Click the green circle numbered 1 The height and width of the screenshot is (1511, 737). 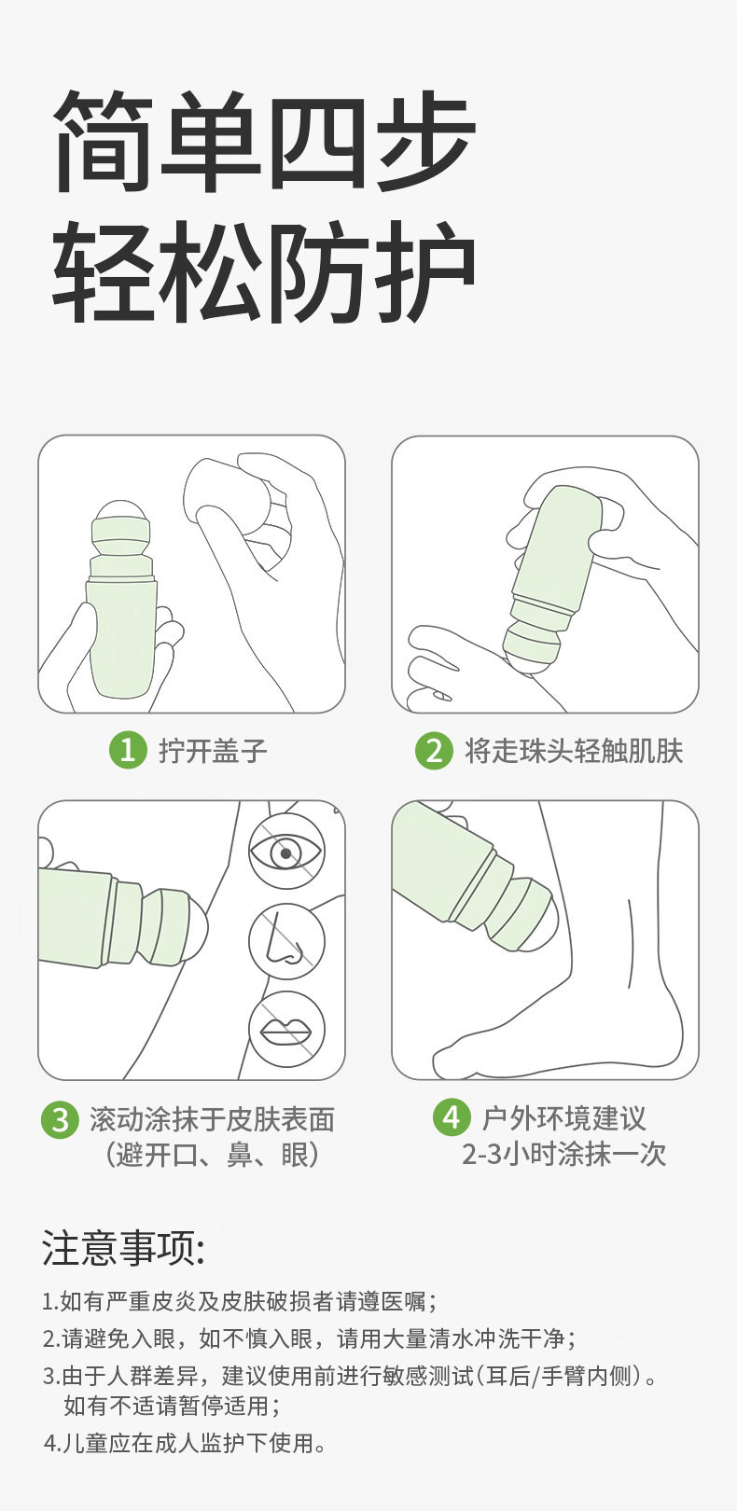129,750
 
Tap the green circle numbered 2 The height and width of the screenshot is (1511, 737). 434,750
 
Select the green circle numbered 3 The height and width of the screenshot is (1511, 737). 61,1118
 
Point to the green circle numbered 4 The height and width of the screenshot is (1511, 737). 452,1116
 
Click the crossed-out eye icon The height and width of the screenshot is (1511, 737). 286,851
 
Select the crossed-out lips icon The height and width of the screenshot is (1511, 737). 286,1030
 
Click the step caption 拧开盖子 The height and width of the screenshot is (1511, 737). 213,751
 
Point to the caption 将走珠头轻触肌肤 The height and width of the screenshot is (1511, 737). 574,751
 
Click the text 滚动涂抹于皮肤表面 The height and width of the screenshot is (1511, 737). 212,1119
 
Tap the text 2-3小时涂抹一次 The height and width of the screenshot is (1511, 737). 564,1155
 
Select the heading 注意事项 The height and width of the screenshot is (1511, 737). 122,1248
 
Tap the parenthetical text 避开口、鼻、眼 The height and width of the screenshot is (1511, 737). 212,1156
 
